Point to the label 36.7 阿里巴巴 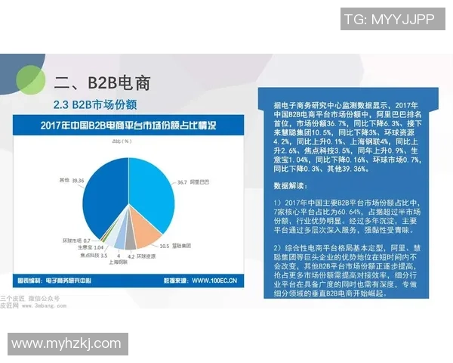[x=193, y=181]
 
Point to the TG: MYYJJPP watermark [x=389, y=20]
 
